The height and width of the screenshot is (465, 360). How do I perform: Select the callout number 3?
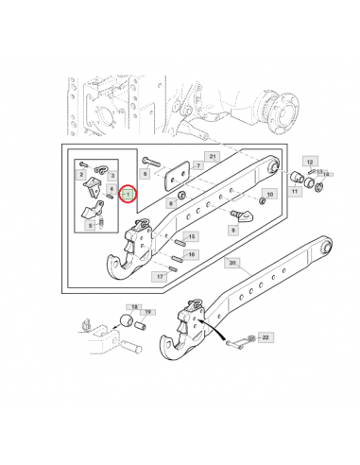(111, 176)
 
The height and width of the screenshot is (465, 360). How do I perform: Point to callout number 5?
(91, 225)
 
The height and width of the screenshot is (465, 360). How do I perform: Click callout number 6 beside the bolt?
(144, 174)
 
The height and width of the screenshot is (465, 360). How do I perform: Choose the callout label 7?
(197, 165)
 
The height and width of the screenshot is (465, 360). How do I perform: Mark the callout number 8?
(170, 202)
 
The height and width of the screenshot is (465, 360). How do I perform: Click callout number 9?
(232, 229)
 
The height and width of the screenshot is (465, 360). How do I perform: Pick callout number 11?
(295, 192)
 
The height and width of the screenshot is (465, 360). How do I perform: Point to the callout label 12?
(310, 162)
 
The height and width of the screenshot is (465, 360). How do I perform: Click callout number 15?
(191, 236)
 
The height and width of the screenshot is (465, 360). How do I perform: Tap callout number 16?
(191, 254)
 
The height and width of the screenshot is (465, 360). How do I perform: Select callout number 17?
(163, 277)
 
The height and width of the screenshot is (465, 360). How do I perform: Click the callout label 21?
(213, 155)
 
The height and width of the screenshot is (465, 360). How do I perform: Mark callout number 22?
(266, 337)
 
